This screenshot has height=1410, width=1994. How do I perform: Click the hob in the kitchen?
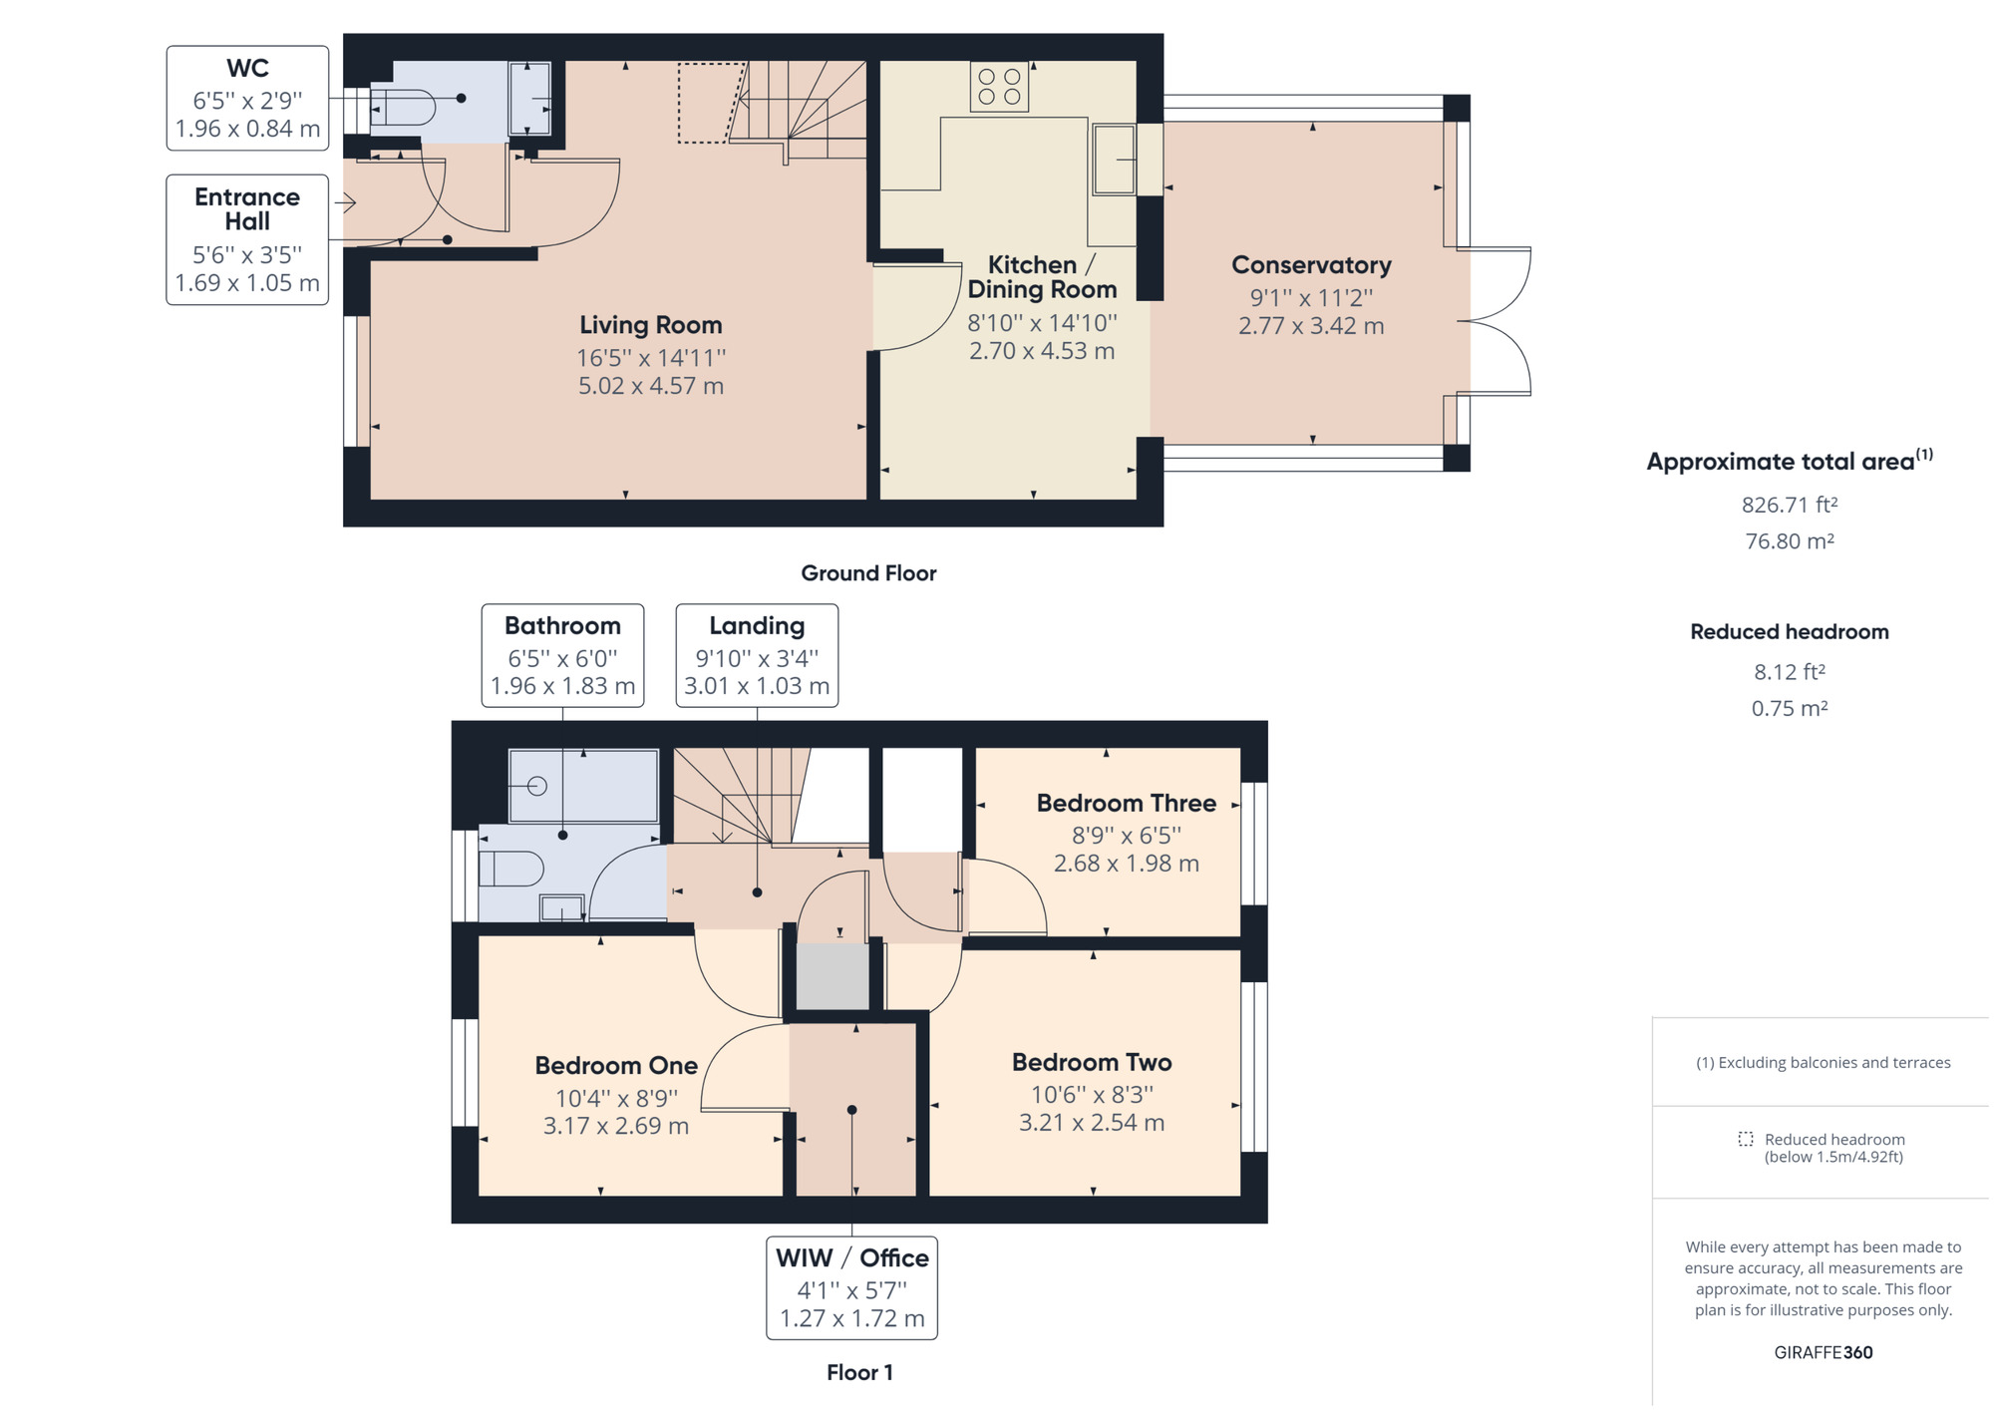click(x=999, y=87)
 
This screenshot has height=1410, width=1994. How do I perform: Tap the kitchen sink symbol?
click(x=1114, y=159)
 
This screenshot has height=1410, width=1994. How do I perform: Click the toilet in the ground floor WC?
click(x=403, y=108)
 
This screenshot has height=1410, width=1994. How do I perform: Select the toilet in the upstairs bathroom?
click(x=511, y=869)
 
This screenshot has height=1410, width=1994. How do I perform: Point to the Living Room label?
click(x=650, y=325)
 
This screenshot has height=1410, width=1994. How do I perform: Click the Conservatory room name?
click(x=1310, y=265)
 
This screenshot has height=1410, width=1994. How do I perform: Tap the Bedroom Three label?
click(x=1126, y=803)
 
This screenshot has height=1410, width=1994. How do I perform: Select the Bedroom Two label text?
click(x=1091, y=1062)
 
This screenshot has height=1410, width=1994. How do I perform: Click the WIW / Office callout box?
click(x=851, y=1287)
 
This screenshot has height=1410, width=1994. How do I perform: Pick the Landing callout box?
click(x=757, y=655)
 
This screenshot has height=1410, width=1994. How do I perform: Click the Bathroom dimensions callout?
click(x=562, y=655)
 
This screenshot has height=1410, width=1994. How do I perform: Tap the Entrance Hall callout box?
click(x=247, y=239)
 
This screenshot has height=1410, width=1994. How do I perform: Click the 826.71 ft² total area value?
click(x=1789, y=505)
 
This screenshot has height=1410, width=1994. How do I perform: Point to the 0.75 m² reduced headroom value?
click(x=1789, y=708)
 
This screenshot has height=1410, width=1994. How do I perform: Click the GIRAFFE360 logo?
click(x=1823, y=1352)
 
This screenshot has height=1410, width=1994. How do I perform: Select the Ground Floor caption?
click(x=868, y=573)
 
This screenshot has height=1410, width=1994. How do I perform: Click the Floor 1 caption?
click(x=859, y=1372)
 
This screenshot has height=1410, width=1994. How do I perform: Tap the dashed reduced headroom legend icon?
click(x=1745, y=1139)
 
